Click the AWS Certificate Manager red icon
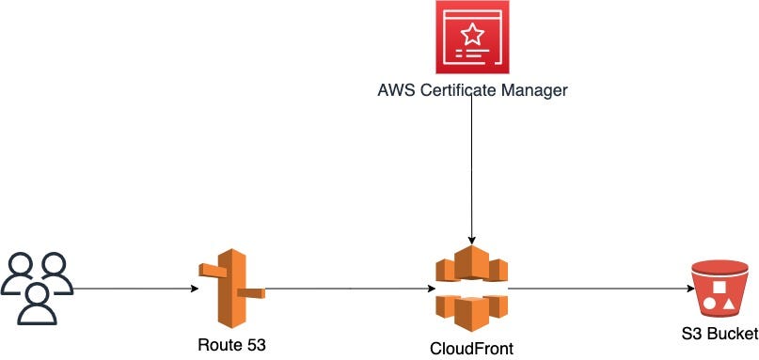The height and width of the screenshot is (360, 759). [470, 38]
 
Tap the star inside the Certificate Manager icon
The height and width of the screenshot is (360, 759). [470, 35]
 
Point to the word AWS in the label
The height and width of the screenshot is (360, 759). [392, 90]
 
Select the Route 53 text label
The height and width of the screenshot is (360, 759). [231, 345]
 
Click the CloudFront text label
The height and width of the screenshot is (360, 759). [471, 349]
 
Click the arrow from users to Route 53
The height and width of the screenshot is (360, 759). [132, 290]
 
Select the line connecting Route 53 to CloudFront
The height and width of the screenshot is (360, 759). [348, 290]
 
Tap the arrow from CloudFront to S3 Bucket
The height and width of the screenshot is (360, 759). [593, 290]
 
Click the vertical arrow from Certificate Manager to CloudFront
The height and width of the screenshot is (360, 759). [471, 169]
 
